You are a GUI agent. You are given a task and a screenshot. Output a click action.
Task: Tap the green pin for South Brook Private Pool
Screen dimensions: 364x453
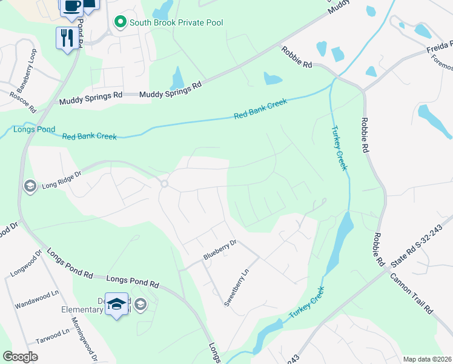pos(120,23)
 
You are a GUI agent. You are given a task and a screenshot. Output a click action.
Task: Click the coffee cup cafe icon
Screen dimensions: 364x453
pos(70,5)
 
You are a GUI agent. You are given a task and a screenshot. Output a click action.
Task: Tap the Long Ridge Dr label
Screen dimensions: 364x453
pos(61,183)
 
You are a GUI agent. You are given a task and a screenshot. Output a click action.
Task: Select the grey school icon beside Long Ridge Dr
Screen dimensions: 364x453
pos(28,185)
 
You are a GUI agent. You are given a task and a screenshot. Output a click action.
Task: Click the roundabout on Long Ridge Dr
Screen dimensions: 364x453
pos(164,184)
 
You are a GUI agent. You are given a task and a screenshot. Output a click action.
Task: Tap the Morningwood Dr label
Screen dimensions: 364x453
pos(84,340)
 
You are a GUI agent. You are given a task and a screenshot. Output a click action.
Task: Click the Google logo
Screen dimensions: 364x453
pos(20,357)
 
